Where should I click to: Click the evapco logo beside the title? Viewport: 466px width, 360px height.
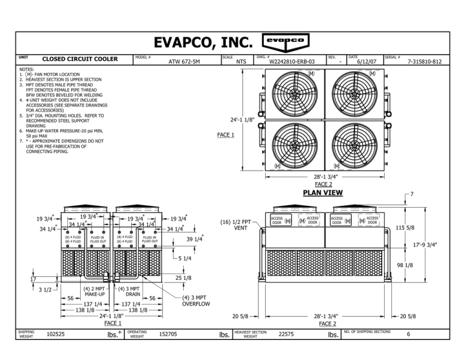click(286, 41)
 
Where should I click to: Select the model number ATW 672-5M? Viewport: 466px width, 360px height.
click(184, 62)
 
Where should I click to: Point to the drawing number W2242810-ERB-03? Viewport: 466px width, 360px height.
click(291, 62)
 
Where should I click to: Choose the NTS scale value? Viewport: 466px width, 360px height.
click(241, 62)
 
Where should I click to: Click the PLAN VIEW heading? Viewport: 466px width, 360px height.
click(322, 193)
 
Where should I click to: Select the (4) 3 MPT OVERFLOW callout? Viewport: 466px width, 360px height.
click(195, 301)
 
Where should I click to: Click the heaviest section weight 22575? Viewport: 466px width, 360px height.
click(287, 334)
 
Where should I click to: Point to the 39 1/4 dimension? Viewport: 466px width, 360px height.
click(194, 239)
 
